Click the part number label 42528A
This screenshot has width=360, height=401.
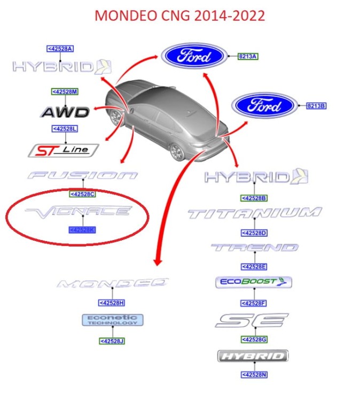[x=60, y=49]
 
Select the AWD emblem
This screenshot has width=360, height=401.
[x=65, y=112]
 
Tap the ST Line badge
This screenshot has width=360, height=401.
[x=63, y=150]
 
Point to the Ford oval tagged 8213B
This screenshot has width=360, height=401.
[x=263, y=105]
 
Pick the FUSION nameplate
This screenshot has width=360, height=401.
[x=83, y=175]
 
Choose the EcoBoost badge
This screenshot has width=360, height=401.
[x=254, y=282]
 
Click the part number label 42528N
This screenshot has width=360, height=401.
[x=254, y=375]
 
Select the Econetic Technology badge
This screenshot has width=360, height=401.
[x=112, y=320]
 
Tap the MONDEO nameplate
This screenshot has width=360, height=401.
[x=112, y=283]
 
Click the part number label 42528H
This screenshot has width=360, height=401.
[x=112, y=303]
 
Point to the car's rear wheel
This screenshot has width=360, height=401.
[x=177, y=151]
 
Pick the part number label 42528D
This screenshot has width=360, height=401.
[x=254, y=233]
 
